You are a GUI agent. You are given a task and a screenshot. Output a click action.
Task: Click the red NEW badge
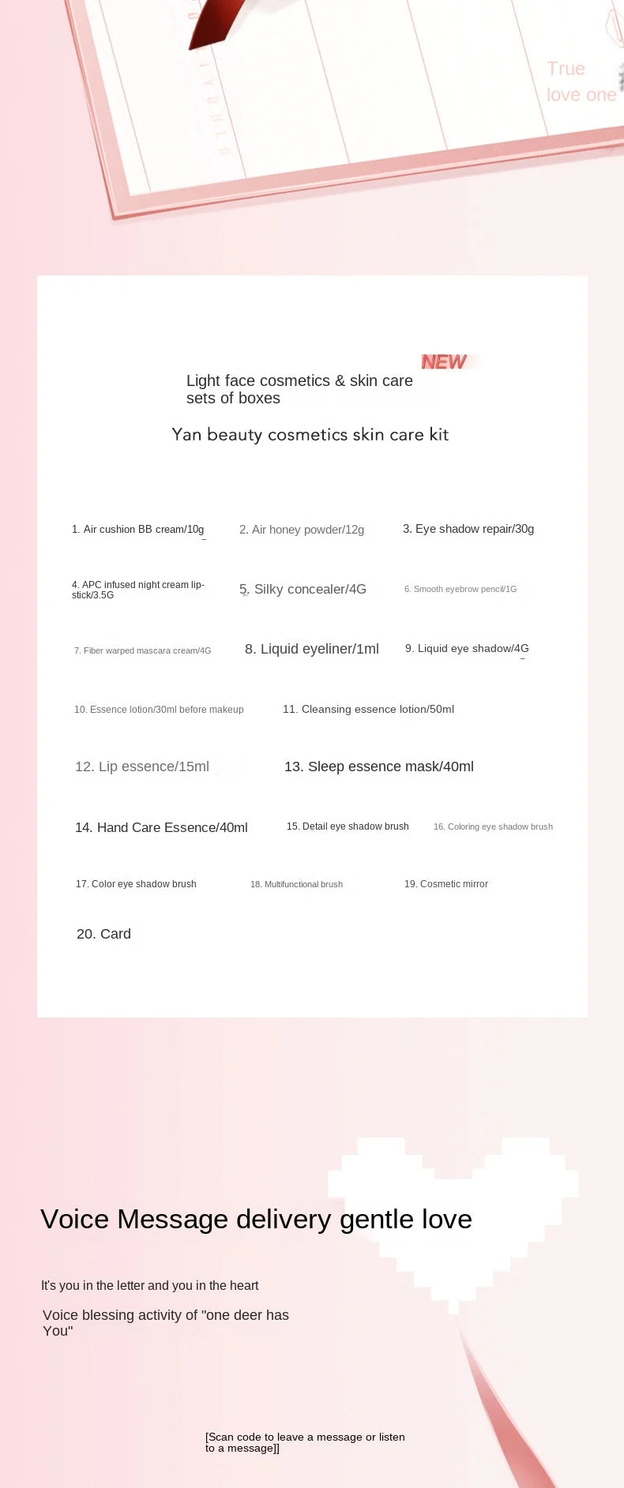click(444, 362)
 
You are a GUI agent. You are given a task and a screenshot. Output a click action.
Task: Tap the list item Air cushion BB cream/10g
click(138, 530)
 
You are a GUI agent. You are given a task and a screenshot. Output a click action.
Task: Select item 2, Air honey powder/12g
click(302, 530)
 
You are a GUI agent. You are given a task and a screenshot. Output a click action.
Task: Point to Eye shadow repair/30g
click(468, 529)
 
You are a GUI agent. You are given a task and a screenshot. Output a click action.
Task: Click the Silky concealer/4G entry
click(303, 589)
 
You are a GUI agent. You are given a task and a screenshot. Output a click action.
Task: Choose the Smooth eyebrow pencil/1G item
click(460, 589)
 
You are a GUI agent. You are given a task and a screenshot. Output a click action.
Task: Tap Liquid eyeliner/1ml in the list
click(312, 649)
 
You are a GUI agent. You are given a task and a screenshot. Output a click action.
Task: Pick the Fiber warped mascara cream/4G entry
click(143, 650)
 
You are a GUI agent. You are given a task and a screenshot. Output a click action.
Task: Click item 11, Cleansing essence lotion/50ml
click(368, 709)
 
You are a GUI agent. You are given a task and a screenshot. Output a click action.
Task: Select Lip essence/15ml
click(142, 766)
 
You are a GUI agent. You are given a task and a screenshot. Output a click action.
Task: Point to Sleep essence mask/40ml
click(379, 766)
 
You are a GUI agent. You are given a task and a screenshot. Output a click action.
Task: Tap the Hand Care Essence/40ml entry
click(161, 827)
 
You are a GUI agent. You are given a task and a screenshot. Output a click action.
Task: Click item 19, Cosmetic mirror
click(446, 884)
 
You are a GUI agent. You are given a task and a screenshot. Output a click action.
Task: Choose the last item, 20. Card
click(103, 934)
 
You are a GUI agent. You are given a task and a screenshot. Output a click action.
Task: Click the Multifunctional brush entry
click(296, 884)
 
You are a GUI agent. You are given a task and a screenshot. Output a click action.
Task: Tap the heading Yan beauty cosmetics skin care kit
click(310, 434)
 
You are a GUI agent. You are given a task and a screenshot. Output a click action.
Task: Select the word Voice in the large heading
click(74, 1220)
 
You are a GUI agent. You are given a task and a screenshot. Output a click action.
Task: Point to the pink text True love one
click(581, 82)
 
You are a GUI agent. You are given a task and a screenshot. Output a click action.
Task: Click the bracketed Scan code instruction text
click(305, 1442)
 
